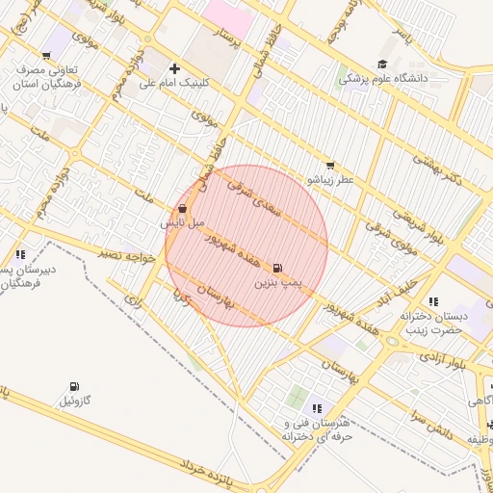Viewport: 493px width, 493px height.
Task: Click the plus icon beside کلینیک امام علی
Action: [x=174, y=68]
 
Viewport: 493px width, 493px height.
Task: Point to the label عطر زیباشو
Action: [x=331, y=179]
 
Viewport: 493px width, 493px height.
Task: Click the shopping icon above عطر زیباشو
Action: [x=331, y=165]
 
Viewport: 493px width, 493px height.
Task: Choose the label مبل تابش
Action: [x=183, y=222]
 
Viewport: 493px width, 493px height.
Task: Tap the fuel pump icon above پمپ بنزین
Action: [x=278, y=268]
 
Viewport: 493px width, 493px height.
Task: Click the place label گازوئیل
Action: [x=75, y=400]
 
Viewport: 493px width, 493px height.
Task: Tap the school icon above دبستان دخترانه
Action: [x=433, y=302]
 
